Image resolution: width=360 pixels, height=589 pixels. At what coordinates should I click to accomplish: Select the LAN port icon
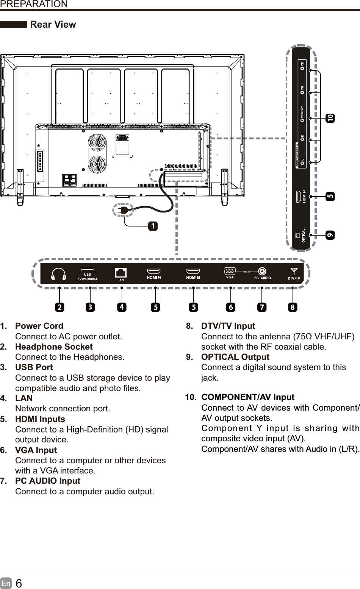point(121,272)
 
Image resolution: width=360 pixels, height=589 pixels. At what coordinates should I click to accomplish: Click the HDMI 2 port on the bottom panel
point(154,271)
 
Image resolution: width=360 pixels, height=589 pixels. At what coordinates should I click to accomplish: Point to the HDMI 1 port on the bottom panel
point(193,271)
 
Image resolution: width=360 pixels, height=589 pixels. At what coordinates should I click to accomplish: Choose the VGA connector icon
point(230,271)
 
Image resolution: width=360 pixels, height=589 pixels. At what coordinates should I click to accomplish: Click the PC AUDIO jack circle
point(262,271)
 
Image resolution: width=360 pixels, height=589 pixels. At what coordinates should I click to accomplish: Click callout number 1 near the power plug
point(153,226)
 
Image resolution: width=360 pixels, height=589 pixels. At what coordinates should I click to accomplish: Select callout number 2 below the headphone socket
point(59,308)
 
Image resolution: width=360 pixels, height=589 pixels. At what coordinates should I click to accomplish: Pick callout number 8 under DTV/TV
point(292,308)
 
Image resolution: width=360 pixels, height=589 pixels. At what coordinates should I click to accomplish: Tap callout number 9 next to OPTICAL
point(330,235)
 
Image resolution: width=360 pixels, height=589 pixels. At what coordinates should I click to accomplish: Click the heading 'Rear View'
point(53,25)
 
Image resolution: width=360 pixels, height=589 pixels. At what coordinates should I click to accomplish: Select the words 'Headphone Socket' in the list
point(54,347)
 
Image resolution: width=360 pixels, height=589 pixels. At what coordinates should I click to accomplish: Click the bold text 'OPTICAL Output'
point(235,357)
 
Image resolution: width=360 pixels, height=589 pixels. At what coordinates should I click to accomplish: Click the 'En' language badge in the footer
point(6,583)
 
